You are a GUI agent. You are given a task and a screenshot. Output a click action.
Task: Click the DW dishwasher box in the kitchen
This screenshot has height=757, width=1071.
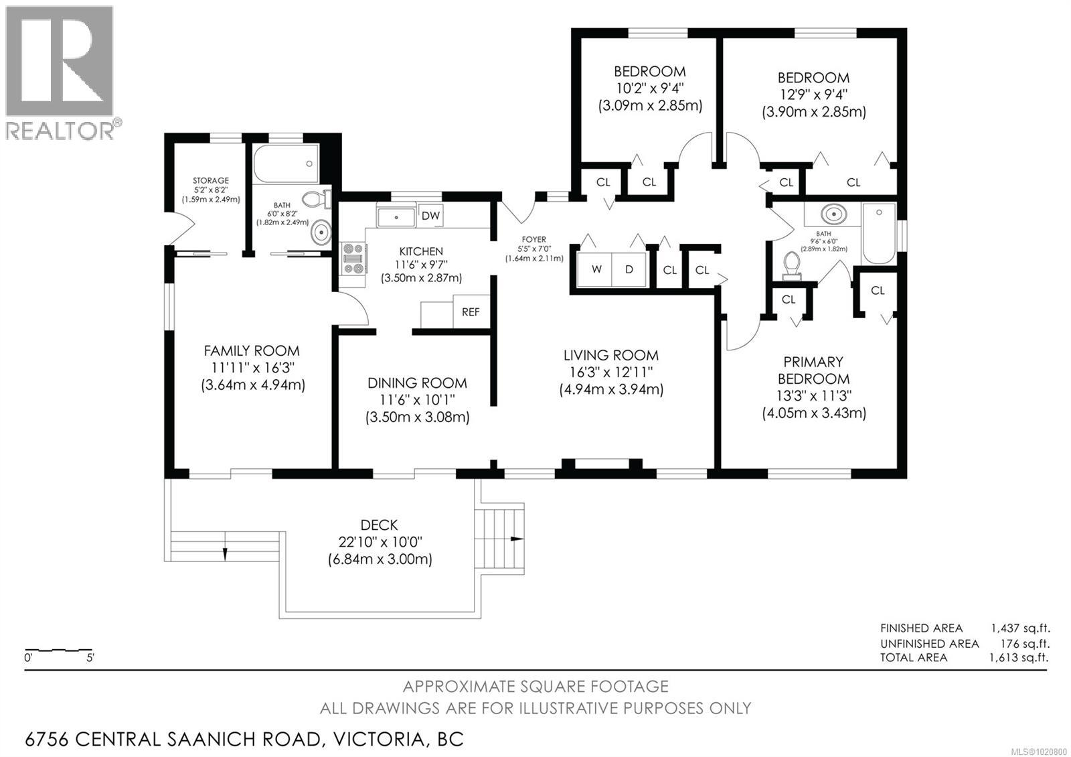click(430, 216)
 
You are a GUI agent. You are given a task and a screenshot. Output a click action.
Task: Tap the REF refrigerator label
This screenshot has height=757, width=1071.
click(471, 312)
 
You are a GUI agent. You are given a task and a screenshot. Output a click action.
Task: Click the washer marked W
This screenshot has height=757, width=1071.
click(596, 269)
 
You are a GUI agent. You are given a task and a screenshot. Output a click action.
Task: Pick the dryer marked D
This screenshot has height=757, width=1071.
click(629, 269)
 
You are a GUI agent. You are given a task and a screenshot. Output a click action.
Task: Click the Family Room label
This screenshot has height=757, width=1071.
click(252, 350)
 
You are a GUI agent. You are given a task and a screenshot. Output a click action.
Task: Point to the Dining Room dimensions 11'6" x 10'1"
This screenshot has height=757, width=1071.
click(417, 400)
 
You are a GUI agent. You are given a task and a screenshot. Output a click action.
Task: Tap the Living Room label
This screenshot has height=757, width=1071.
click(610, 355)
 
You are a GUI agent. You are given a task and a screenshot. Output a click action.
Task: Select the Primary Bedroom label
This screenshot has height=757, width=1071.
click(814, 370)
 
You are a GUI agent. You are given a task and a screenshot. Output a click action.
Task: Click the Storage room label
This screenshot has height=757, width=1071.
click(211, 180)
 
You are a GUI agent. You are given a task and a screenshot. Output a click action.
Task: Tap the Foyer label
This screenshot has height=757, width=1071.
click(533, 239)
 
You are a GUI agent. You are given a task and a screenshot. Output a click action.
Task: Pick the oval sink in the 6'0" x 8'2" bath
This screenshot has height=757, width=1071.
click(322, 233)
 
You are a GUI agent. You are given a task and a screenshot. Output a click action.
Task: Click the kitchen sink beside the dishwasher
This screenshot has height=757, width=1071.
click(396, 217)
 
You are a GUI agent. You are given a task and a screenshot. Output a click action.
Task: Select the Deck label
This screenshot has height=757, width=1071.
click(379, 525)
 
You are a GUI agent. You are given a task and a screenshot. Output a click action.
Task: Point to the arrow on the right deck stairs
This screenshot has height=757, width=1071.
click(516, 539)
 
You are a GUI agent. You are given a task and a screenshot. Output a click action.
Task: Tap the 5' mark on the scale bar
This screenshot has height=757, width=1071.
click(90, 657)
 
